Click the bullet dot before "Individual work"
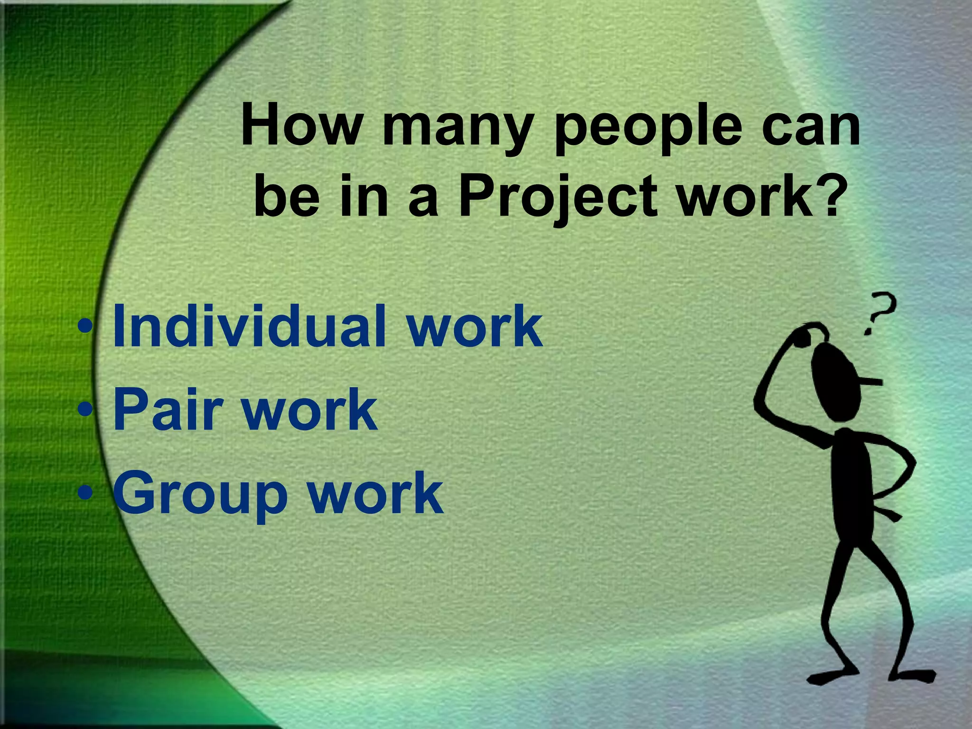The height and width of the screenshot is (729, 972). [x=85, y=327]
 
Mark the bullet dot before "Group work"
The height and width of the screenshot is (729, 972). [x=85, y=493]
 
